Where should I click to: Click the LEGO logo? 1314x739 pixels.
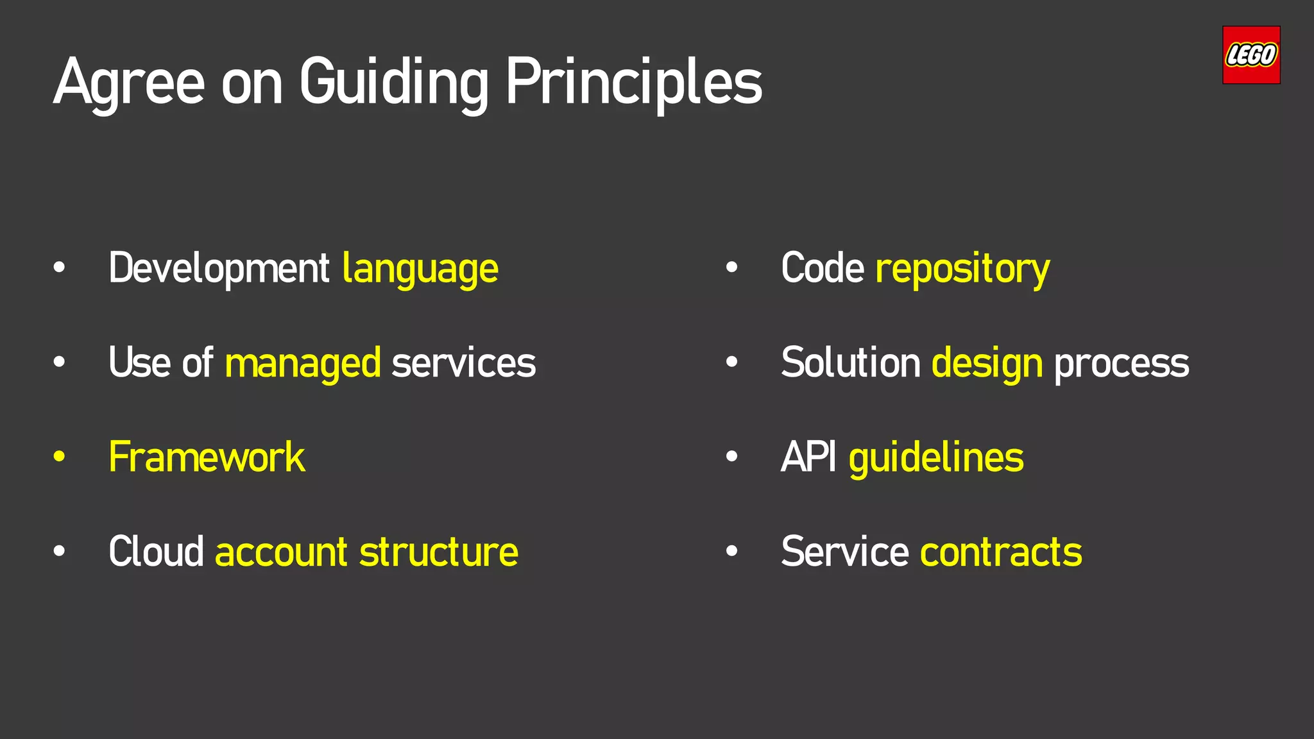[1251, 55]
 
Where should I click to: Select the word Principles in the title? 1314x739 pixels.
[634, 83]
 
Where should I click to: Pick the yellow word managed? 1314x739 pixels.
[303, 364]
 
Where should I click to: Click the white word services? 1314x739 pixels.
[463, 364]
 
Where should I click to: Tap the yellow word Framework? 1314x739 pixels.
[207, 457]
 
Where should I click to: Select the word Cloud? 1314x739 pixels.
[156, 552]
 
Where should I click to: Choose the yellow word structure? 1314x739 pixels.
[439, 552]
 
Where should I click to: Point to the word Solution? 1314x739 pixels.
[851, 364]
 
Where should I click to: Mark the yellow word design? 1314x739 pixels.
[987, 364]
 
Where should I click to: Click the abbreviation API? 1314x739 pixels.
[808, 457]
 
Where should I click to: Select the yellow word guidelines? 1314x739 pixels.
[936, 458]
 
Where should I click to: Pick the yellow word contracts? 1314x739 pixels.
[1001, 552]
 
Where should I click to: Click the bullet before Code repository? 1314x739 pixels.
[731, 268]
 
